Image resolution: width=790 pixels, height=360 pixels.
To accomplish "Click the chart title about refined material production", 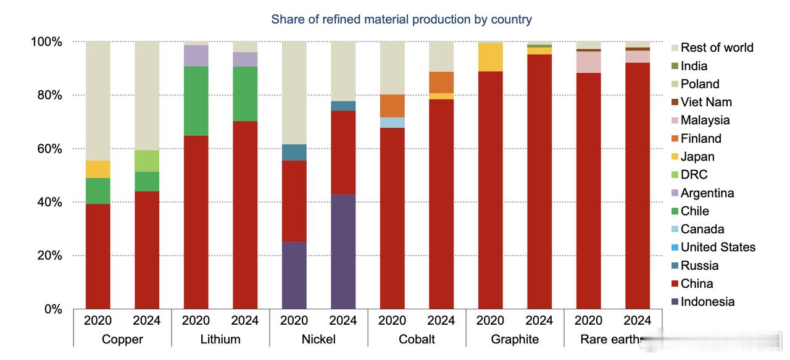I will [401, 19].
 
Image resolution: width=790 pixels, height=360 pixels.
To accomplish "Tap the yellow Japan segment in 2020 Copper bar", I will [98, 169].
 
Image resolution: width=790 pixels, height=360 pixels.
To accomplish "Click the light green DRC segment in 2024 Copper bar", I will [147, 161].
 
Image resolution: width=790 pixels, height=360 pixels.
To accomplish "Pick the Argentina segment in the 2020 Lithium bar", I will [196, 56].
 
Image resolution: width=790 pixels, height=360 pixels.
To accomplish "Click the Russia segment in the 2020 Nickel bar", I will [294, 153].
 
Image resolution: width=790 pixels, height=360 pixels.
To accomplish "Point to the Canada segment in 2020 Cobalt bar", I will [392, 122].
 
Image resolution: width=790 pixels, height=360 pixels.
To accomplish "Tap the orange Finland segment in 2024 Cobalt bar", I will [441, 82].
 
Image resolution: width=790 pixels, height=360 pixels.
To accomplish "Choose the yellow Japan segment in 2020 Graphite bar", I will [490, 57].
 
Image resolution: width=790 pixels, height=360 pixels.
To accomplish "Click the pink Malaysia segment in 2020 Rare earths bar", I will [588, 62].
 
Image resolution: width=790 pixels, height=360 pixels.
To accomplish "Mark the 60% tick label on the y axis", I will [46, 149].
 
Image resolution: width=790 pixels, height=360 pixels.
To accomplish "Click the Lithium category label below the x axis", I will [220, 340].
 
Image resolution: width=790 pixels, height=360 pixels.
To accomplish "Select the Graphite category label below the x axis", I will [515, 340].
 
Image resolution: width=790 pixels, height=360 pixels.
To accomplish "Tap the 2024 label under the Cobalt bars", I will [441, 320].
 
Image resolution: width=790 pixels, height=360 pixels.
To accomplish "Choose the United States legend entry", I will [718, 247].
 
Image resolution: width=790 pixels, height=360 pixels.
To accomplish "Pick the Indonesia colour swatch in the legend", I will [675, 302].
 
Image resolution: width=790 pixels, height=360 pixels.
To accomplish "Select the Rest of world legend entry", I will [717, 48].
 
